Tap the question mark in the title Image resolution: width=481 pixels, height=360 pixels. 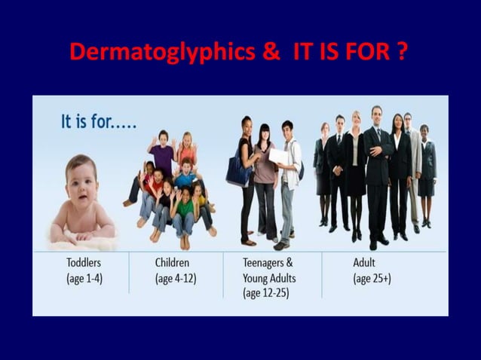[404, 53]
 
